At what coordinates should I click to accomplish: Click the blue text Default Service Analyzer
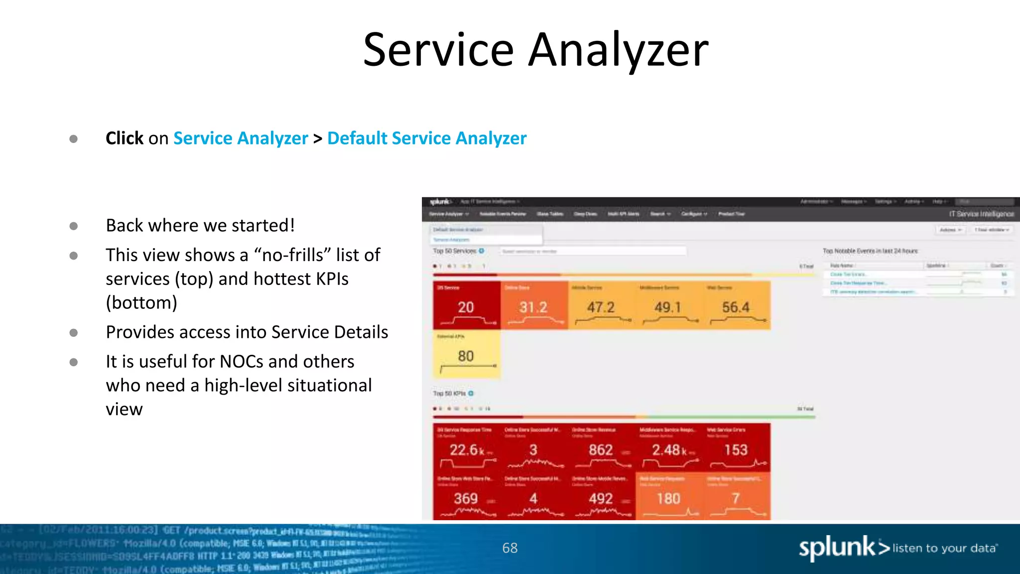[x=426, y=138]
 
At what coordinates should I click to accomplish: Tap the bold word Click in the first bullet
[x=125, y=138]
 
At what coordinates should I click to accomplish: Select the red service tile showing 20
[x=466, y=305]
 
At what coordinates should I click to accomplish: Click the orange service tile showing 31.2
[x=534, y=305]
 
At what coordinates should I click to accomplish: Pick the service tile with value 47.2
[x=601, y=305]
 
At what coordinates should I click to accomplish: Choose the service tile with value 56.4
[x=736, y=305]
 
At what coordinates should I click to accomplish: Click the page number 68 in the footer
[x=510, y=548]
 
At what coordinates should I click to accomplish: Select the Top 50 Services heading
[x=455, y=251]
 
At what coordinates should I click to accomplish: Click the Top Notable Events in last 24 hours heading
[x=870, y=251]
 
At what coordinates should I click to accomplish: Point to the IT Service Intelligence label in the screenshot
[x=981, y=214]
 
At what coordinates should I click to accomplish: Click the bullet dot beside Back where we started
[x=74, y=226]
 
